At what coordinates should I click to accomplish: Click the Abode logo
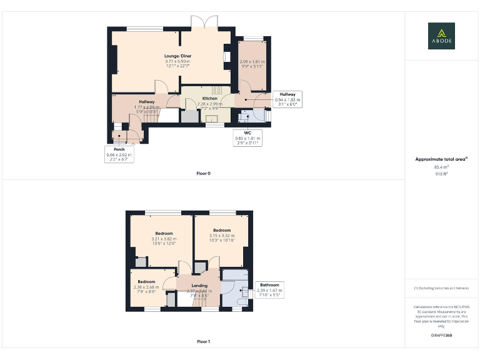[441, 36]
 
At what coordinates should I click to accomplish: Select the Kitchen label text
[210, 99]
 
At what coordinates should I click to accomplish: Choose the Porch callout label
[119, 154]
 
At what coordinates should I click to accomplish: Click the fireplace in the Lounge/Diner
[226, 57]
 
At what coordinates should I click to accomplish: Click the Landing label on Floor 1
[199, 286]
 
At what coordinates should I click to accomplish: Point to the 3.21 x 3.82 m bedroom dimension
[164, 239]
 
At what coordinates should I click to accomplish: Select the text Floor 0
[203, 172]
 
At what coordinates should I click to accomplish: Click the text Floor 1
[203, 342]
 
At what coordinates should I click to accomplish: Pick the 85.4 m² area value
[441, 167]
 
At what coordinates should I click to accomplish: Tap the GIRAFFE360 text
[441, 336]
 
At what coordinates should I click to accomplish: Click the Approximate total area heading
[441, 159]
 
